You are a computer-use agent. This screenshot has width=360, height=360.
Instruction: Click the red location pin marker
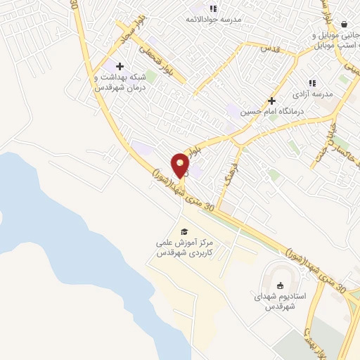pyautogui.click(x=181, y=166)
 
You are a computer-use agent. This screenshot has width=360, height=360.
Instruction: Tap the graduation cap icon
pyautogui.click(x=184, y=231)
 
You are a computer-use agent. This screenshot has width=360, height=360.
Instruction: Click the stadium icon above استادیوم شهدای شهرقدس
pyautogui.click(x=281, y=285)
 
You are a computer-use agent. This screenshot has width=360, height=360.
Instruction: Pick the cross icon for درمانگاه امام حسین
pyautogui.click(x=271, y=101)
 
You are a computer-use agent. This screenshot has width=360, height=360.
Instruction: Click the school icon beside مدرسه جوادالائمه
pyautogui.click(x=212, y=8)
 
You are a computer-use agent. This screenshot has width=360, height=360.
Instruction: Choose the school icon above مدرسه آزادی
pyautogui.click(x=311, y=83)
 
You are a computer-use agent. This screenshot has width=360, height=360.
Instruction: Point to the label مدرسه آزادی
pyautogui.click(x=311, y=94)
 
